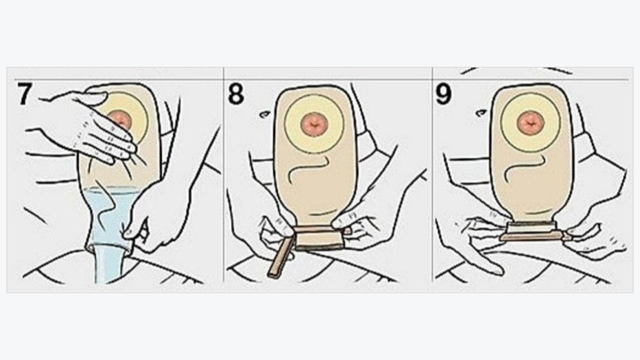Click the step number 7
25,93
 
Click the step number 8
236,93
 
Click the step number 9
443,93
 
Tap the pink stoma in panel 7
121,119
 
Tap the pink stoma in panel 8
314,124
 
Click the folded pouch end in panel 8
319,237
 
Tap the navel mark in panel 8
265,113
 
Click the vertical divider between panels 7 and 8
223,174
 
